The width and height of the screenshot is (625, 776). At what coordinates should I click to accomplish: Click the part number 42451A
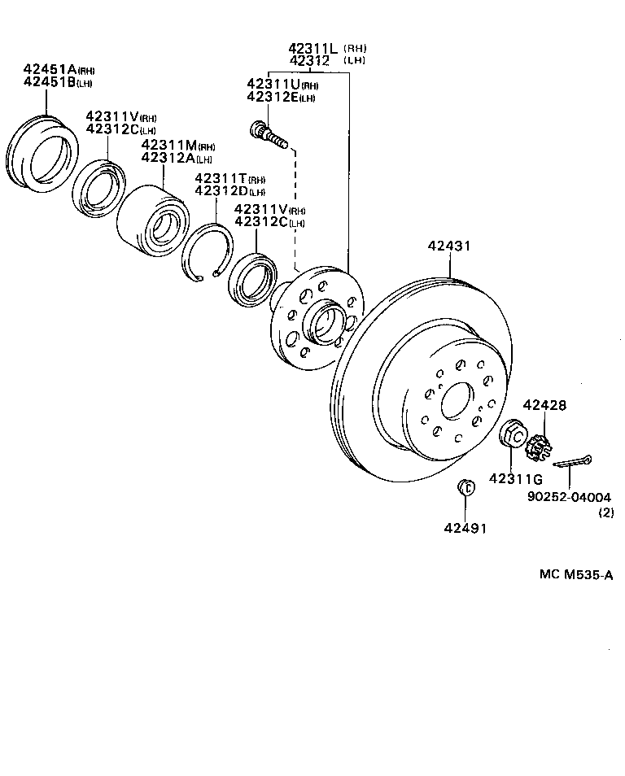pos(49,70)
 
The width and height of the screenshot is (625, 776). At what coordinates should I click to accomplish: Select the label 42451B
pos(49,82)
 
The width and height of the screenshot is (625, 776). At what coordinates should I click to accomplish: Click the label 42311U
pos(273,85)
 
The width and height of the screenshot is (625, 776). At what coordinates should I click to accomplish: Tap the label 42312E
pos(273,98)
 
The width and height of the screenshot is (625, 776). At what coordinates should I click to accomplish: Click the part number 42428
pos(544,404)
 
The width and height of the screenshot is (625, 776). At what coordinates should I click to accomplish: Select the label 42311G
pos(515,478)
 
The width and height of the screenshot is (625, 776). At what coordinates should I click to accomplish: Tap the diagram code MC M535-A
pos(575,574)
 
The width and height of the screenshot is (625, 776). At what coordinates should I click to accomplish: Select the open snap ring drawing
pos(207,255)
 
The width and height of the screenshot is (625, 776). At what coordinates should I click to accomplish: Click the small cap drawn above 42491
pos(465,487)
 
